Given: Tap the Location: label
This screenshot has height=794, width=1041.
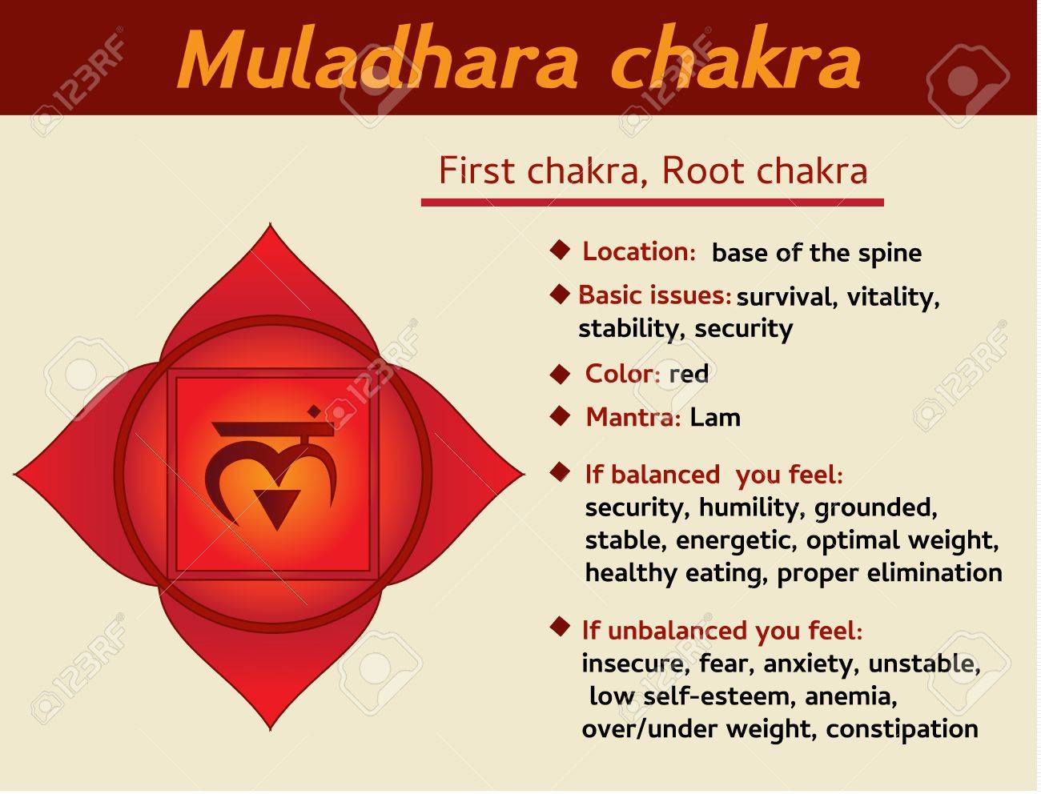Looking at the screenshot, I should coord(639,251).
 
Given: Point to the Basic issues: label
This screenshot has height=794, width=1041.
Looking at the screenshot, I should coord(654,295).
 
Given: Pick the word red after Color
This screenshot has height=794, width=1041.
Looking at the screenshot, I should coord(689,374).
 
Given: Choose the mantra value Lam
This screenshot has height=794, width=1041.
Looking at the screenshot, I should coord(715,417).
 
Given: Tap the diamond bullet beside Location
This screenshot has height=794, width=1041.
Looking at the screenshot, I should coord(559,250).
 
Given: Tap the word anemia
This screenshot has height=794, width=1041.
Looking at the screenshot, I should coord(850,696).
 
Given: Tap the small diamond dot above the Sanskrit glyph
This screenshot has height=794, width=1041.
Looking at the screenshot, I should coord(314,411).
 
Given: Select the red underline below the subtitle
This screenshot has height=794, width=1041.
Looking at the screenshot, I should coord(652,203).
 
